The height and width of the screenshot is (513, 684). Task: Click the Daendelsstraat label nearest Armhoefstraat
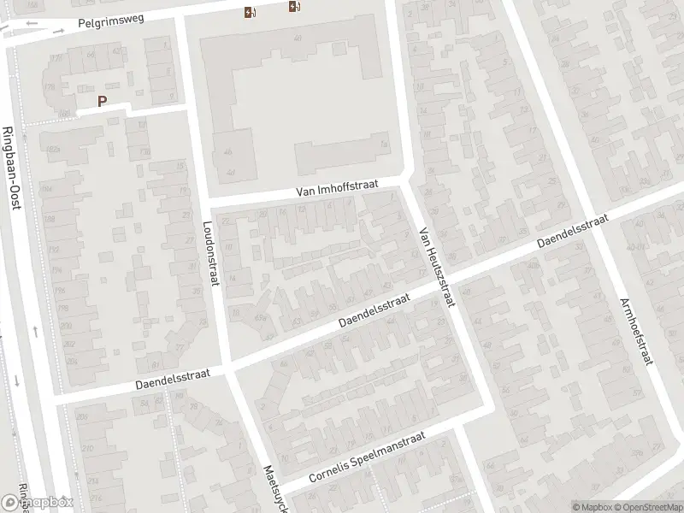[x=572, y=233]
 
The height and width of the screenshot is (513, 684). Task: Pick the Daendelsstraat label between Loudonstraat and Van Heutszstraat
[x=374, y=310]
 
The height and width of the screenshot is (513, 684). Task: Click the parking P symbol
[x=103, y=101]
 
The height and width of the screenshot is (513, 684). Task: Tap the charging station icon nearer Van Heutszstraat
[x=295, y=8]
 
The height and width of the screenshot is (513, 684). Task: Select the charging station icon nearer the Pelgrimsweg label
[x=249, y=12]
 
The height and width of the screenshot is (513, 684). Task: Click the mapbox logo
[x=38, y=502]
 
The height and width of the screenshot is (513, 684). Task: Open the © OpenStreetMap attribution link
[x=649, y=507]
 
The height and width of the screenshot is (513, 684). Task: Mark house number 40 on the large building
[x=298, y=38]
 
